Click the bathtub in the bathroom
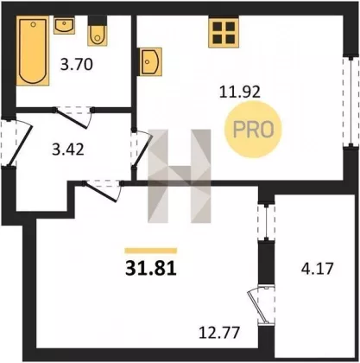[33, 50]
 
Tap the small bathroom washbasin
[64, 25]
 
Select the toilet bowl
[98, 31]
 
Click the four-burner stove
[224, 31]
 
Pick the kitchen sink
[150, 62]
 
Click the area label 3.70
[77, 64]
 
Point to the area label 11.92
[240, 92]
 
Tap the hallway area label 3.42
[68, 150]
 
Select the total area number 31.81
[151, 269]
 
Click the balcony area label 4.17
[317, 269]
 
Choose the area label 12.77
[219, 332]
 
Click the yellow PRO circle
[254, 130]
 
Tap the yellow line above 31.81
[151, 251]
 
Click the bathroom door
[73, 118]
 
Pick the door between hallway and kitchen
[142, 150]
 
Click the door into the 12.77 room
[102, 191]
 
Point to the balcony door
[262, 305]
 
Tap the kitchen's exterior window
[351, 102]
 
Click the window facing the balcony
[267, 222]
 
